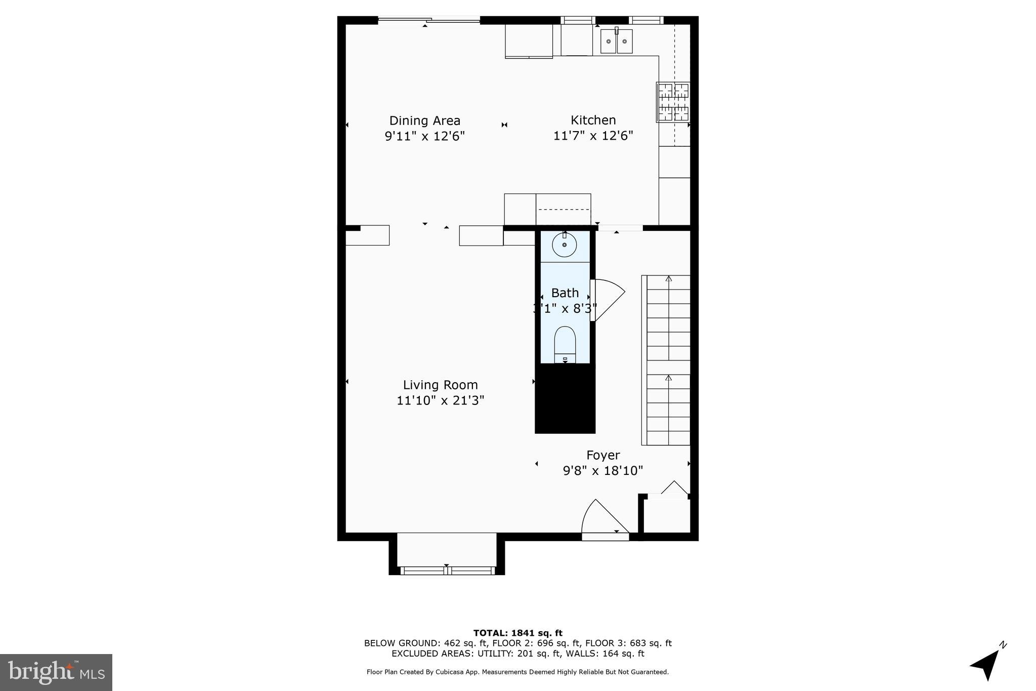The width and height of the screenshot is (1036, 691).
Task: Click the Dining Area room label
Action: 424,120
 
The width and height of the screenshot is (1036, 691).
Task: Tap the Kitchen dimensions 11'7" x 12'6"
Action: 593,136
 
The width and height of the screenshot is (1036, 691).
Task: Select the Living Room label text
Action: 440,385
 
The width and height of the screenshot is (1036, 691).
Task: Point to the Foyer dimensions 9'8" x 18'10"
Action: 602,471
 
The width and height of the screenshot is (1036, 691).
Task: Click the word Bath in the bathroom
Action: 565,293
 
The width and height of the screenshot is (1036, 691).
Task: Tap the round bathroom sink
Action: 564,246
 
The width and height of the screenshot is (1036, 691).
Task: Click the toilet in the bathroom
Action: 565,344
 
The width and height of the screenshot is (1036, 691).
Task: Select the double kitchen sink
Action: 616,42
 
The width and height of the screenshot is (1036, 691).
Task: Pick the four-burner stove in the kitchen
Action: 673,102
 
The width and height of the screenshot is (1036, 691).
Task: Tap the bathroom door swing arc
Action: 609,300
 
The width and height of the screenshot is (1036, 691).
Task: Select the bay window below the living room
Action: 447,554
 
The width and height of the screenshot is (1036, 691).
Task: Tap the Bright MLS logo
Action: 56,672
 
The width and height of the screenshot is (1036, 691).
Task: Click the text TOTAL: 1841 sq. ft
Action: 517,633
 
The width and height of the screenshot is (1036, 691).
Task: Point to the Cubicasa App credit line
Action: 517,672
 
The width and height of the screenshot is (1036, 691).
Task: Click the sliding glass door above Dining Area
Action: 429,20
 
